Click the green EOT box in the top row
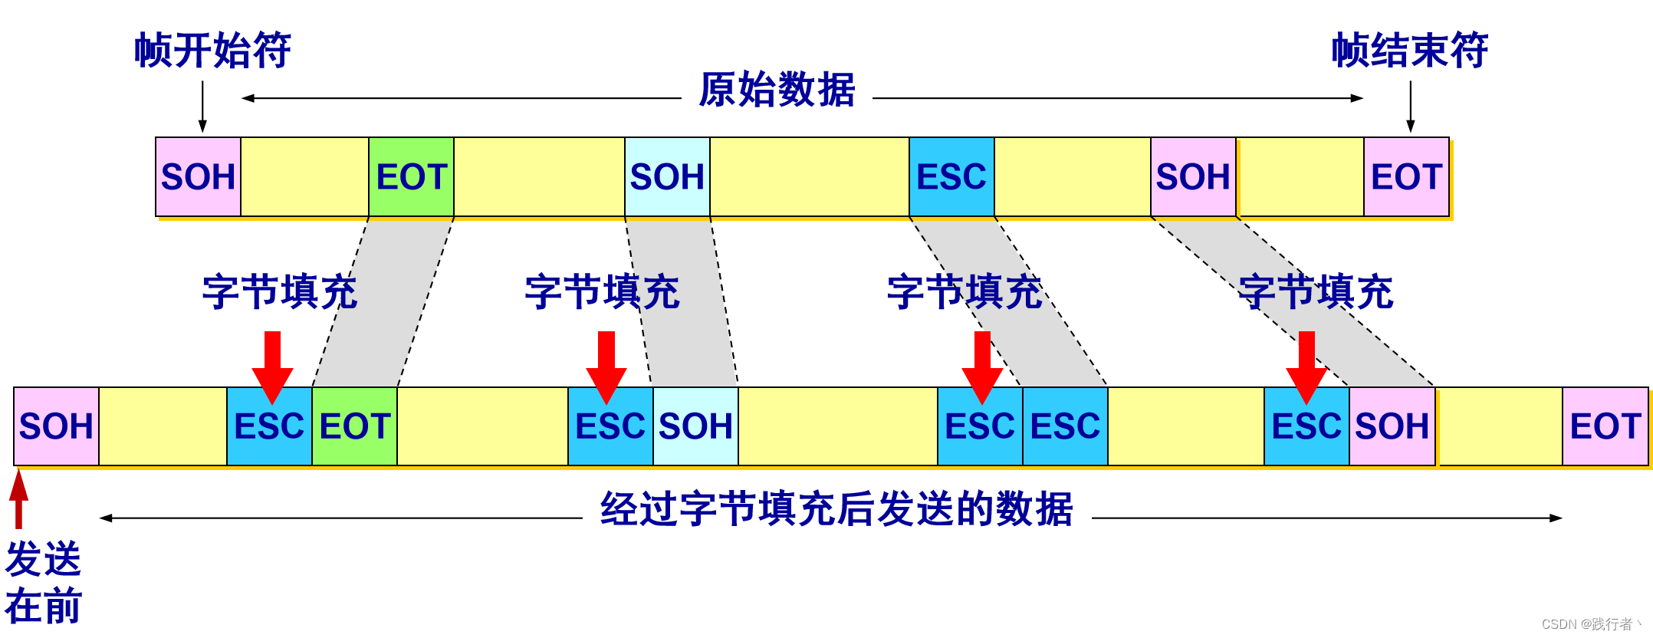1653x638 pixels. point(411,177)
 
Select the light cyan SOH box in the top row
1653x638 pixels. point(667,177)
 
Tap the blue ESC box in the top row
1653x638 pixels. point(951,177)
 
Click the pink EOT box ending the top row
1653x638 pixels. point(1406,177)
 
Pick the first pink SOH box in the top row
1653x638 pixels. point(198,177)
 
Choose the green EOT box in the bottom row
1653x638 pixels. point(354,426)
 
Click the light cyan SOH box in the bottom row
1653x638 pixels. point(695,426)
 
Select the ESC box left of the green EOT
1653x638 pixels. point(269,426)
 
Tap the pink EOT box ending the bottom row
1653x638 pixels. point(1605,426)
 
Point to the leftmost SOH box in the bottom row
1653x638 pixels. point(56,426)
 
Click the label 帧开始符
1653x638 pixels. point(212,51)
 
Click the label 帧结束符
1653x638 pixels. point(1409,51)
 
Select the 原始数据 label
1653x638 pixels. point(777,90)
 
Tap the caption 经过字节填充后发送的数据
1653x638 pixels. point(836,509)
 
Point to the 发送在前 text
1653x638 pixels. point(43,583)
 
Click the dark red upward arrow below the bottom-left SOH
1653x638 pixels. point(19,498)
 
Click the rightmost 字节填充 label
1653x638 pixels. point(1316,292)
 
